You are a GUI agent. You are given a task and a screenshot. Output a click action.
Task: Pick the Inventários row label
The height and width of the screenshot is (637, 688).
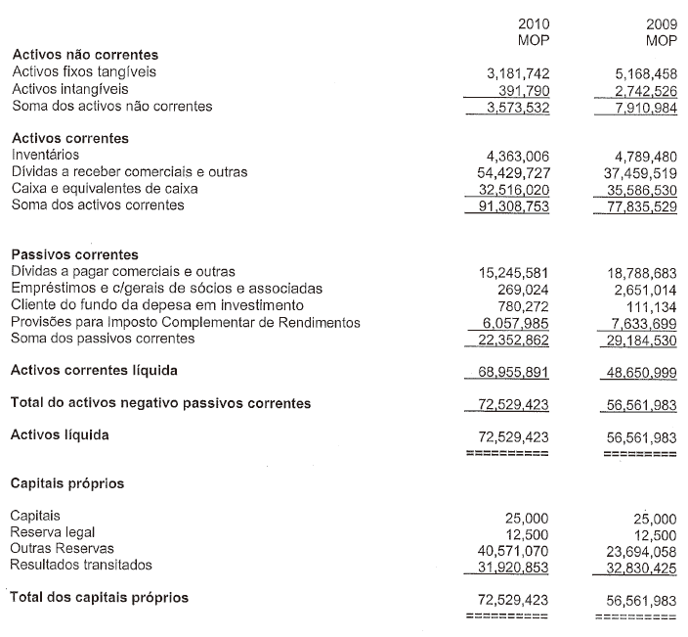pos(46,155)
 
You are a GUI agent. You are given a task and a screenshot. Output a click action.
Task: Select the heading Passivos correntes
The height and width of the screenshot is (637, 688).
pos(74,254)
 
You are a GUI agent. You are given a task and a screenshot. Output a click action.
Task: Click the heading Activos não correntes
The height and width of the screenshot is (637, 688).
pos(84,55)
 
